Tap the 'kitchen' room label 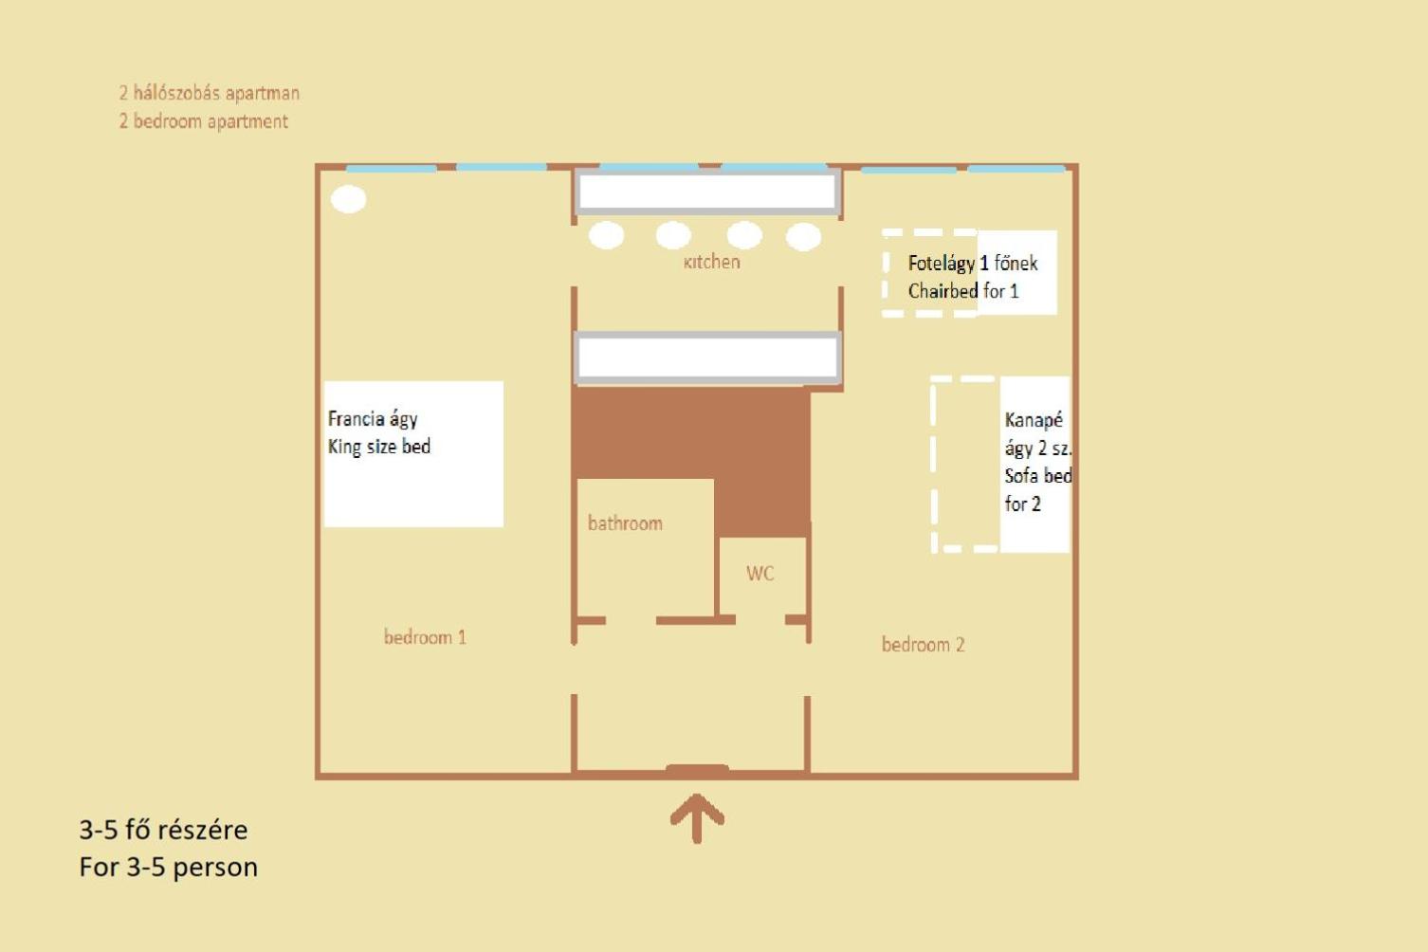[711, 262]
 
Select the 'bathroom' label [625, 522]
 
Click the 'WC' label [760, 573]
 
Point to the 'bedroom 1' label [425, 636]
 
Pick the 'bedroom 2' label [923, 644]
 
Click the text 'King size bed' [379, 447]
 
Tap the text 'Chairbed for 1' [963, 291]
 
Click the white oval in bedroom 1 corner [349, 199]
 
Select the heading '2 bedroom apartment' [204, 121]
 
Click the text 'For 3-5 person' [169, 867]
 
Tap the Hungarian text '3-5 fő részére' [163, 830]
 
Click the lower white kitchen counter [706, 357]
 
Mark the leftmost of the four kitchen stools [607, 235]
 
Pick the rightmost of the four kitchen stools [803, 236]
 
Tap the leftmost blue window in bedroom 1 [391, 168]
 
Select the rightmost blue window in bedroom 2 [1016, 169]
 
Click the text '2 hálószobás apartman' [210, 93]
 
